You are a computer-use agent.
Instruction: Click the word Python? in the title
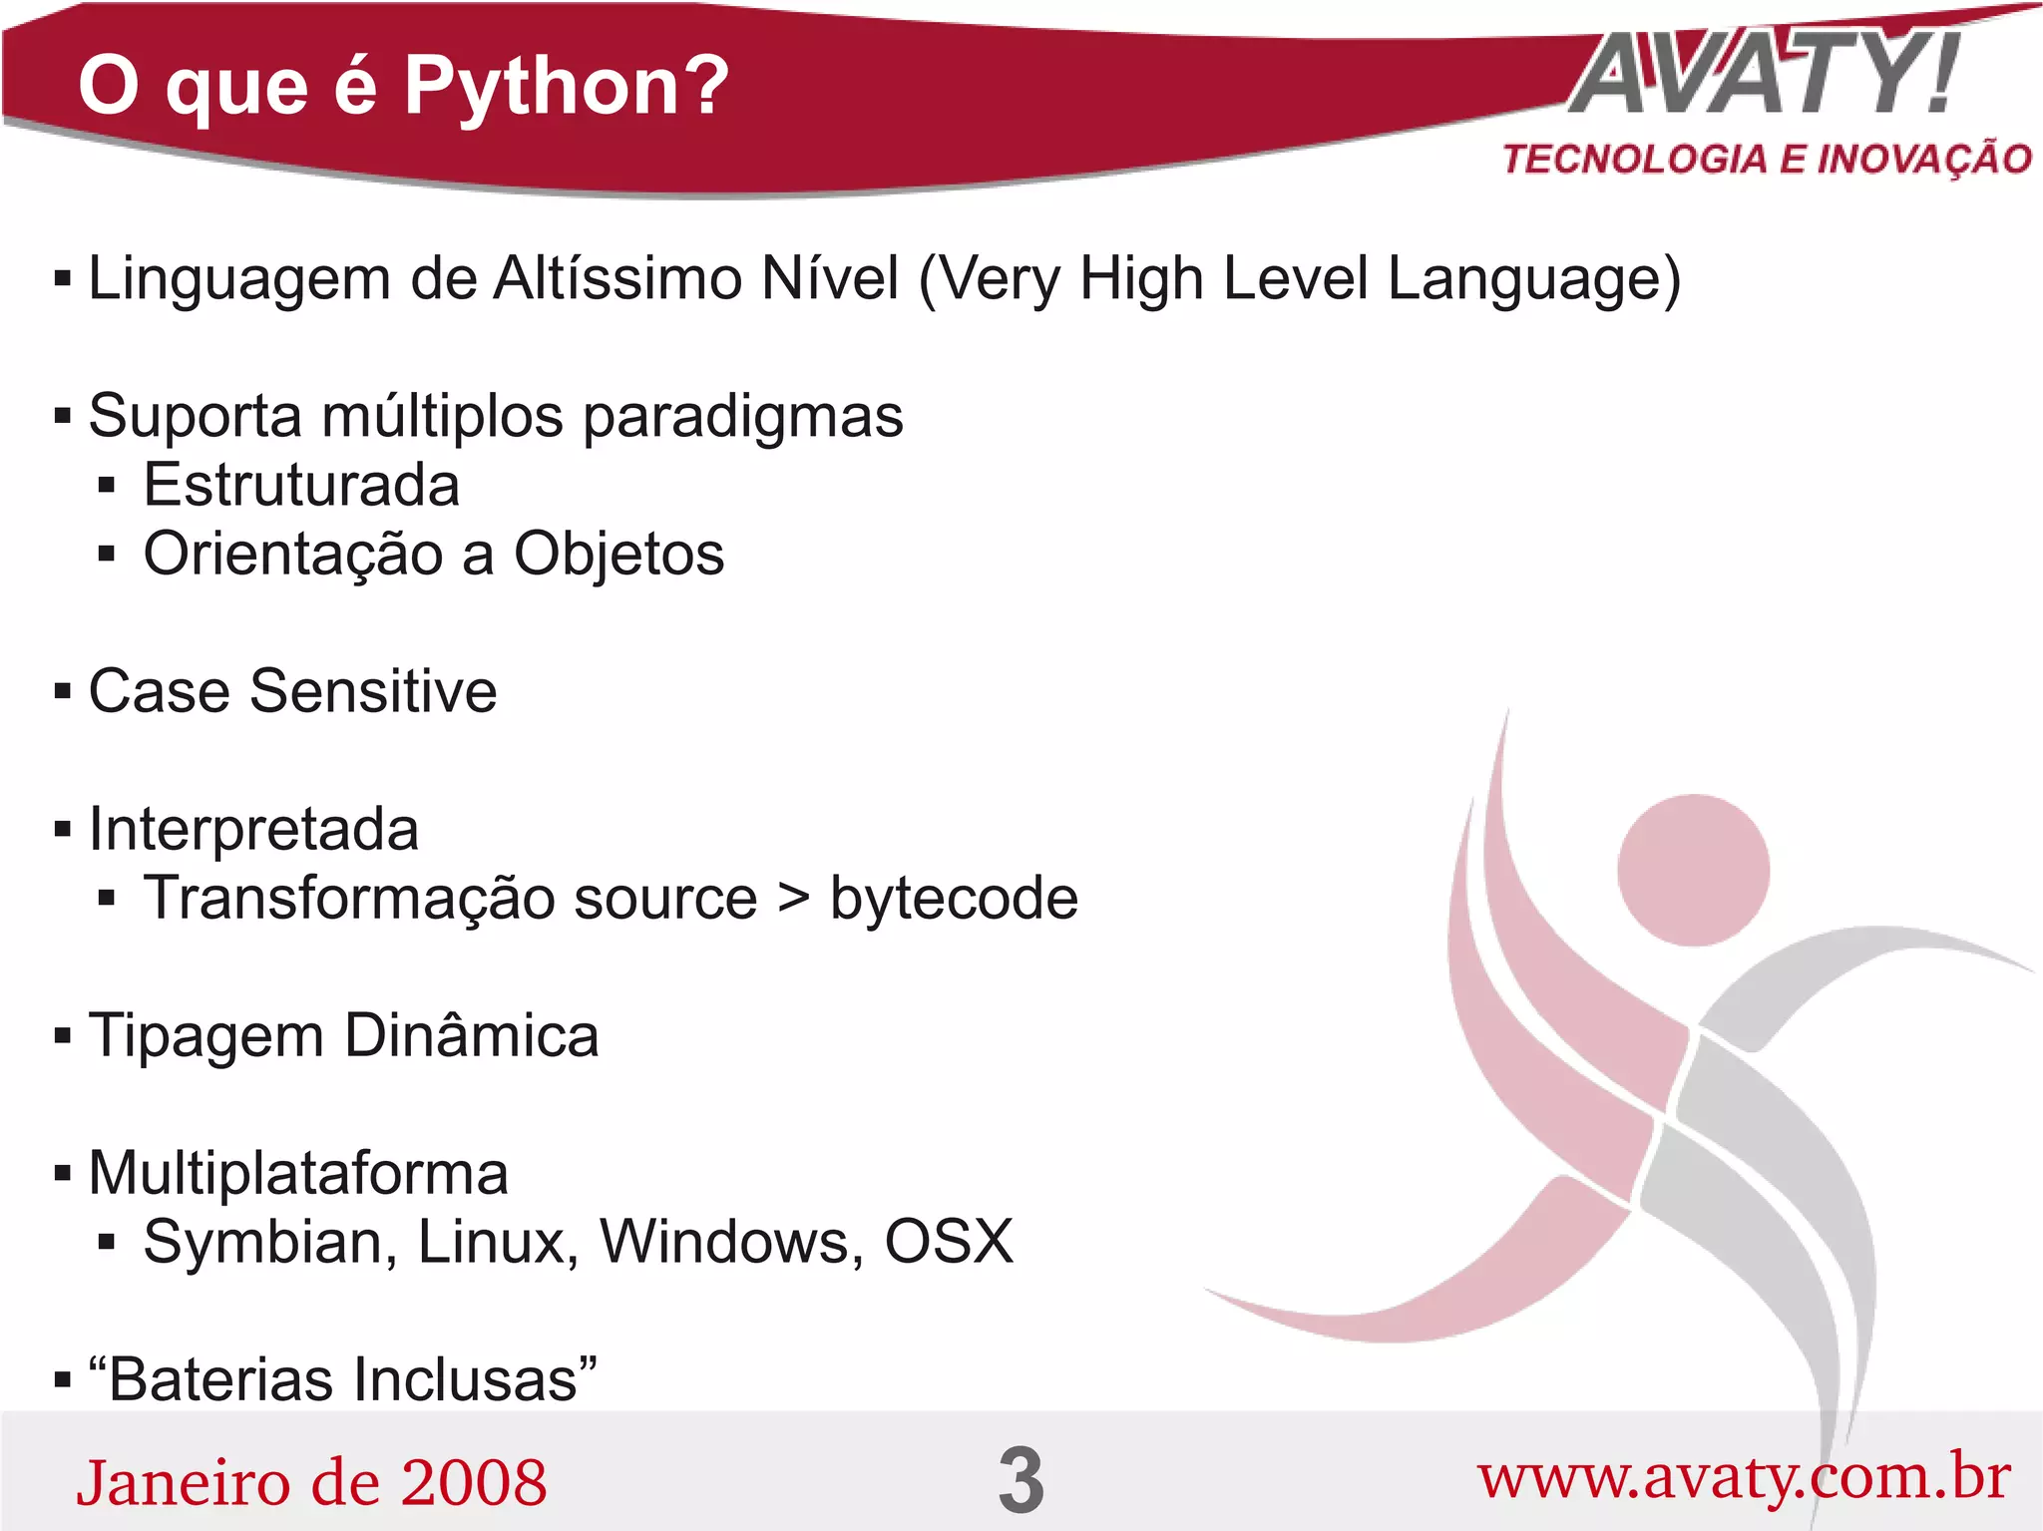tap(566, 88)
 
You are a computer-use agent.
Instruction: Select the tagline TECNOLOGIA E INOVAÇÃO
tap(1767, 160)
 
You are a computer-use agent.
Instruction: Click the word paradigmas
tap(743, 417)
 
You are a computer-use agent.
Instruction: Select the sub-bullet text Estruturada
tap(301, 486)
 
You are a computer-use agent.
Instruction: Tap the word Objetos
tap(618, 555)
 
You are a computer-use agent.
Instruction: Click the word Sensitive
tap(373, 691)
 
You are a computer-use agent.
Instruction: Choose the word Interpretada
tap(253, 830)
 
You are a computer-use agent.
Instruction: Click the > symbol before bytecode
tap(794, 897)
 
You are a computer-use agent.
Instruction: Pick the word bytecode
tap(954, 899)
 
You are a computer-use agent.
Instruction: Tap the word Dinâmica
tap(471, 1035)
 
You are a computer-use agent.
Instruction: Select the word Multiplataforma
tap(298, 1173)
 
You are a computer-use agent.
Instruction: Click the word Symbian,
tap(270, 1243)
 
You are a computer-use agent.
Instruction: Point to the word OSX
tap(949, 1242)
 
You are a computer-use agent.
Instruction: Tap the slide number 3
tap(1021, 1480)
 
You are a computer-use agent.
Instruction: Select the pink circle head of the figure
tap(1693, 870)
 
